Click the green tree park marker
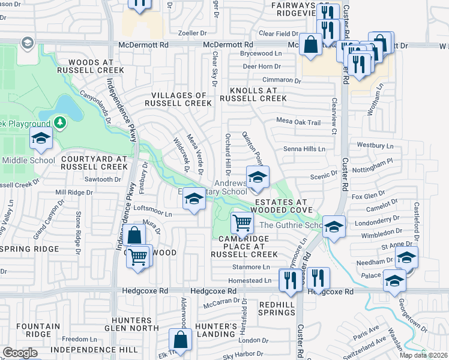[x=59, y=123]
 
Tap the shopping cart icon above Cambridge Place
[x=242, y=223]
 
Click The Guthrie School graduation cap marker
[x=334, y=226]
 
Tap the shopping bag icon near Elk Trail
[x=180, y=340]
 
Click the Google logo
[x=20, y=353]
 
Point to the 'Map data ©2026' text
[x=423, y=355]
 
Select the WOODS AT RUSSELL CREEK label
[x=96, y=66]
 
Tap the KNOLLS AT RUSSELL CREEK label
[x=253, y=94]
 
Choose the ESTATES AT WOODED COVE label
[x=280, y=206]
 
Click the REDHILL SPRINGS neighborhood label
[x=276, y=309]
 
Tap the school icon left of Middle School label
[x=41, y=139]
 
